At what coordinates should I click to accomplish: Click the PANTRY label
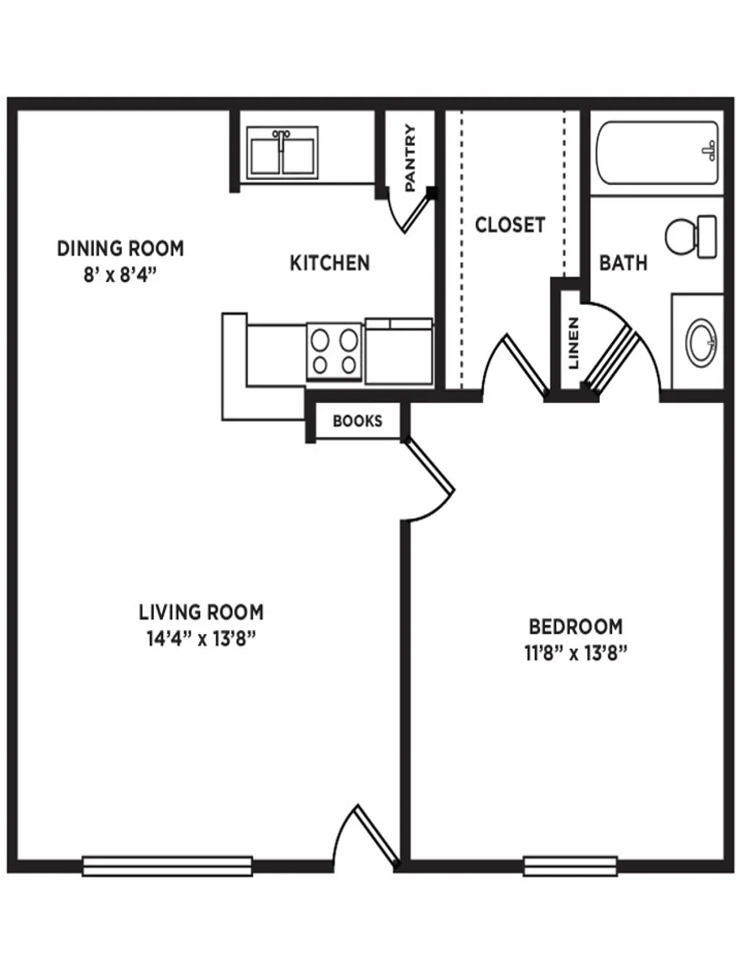click(410, 157)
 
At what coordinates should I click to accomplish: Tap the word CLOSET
click(510, 225)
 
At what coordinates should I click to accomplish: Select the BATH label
click(623, 263)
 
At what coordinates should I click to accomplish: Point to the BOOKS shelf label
click(357, 422)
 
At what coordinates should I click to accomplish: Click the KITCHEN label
click(330, 263)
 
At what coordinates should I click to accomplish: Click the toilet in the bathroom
click(689, 236)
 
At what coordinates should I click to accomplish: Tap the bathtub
click(657, 153)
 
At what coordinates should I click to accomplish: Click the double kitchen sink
click(281, 152)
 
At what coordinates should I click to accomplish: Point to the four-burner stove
click(333, 351)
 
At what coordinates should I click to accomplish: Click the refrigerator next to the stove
click(399, 352)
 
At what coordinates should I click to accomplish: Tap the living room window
click(167, 866)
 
